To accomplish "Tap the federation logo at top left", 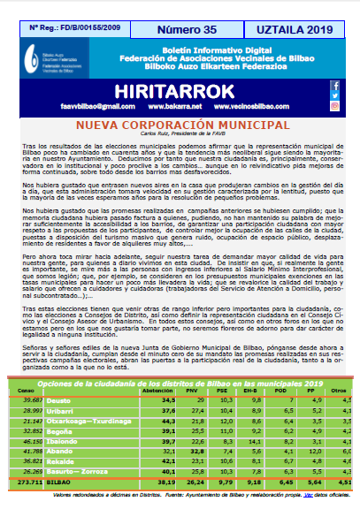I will [x=40, y=62].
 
